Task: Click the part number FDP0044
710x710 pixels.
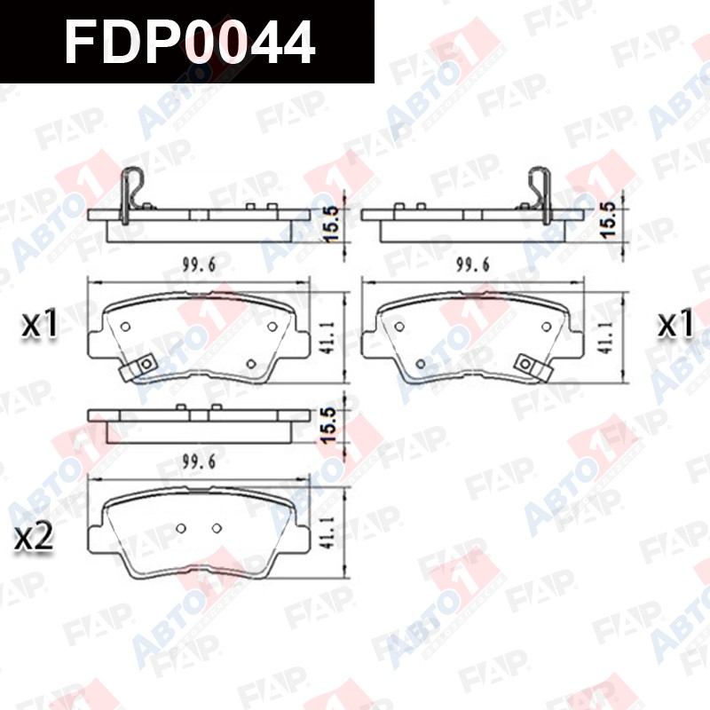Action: click(190, 43)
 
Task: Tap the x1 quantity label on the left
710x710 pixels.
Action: click(40, 323)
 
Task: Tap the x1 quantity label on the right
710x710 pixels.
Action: click(675, 323)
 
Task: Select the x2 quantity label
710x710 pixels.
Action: click(34, 537)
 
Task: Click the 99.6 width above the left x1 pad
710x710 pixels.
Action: click(199, 264)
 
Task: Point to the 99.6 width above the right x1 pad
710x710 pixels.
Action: click(473, 264)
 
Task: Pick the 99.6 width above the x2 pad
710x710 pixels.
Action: click(199, 461)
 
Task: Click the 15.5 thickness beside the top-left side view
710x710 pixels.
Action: click(331, 224)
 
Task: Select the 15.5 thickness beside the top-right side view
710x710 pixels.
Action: click(608, 219)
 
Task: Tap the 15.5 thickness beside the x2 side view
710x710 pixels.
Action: click(329, 424)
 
